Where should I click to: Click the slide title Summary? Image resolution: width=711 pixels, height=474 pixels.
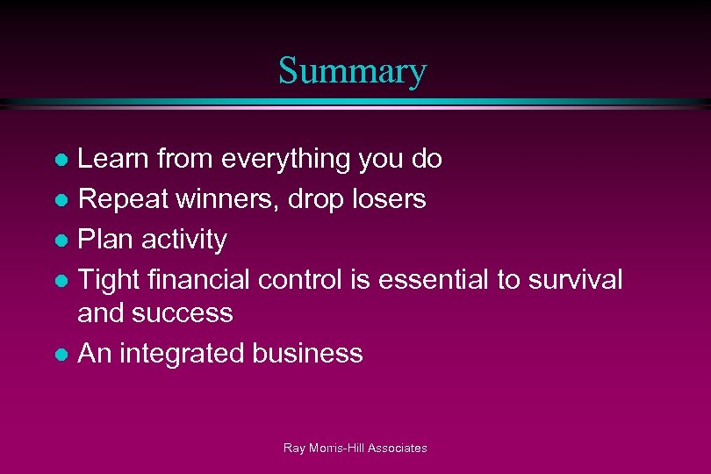click(x=353, y=71)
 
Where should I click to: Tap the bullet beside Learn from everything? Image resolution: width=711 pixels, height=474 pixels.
click(x=61, y=160)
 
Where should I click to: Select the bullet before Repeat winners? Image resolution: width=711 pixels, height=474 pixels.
click(x=61, y=200)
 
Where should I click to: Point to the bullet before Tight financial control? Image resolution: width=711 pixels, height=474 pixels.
click(x=61, y=281)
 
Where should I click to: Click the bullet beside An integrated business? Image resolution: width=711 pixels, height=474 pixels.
click(x=61, y=355)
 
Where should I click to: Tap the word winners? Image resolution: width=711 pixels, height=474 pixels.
click(x=226, y=200)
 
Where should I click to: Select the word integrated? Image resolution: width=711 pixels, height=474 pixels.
click(x=182, y=354)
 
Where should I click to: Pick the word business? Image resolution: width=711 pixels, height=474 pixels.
click(x=307, y=354)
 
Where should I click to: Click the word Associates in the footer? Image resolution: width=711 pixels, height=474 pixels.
click(x=397, y=448)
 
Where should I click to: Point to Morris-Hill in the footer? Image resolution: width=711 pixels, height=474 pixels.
click(x=334, y=448)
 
